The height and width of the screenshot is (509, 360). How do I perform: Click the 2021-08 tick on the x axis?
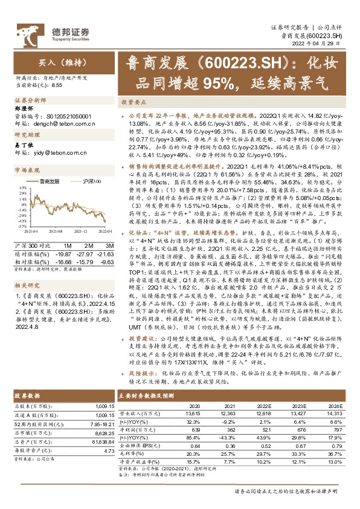(56, 230)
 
